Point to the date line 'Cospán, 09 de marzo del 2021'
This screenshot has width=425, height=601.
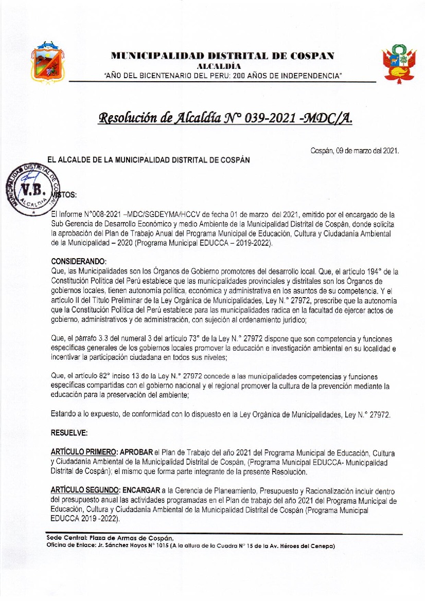coord(355,151)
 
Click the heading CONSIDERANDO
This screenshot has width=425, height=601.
coord(79,262)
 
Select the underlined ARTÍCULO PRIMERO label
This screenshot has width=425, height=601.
coord(84,452)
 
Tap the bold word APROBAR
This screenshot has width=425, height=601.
coord(137,452)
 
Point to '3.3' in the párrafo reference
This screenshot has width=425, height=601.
coord(97,339)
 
